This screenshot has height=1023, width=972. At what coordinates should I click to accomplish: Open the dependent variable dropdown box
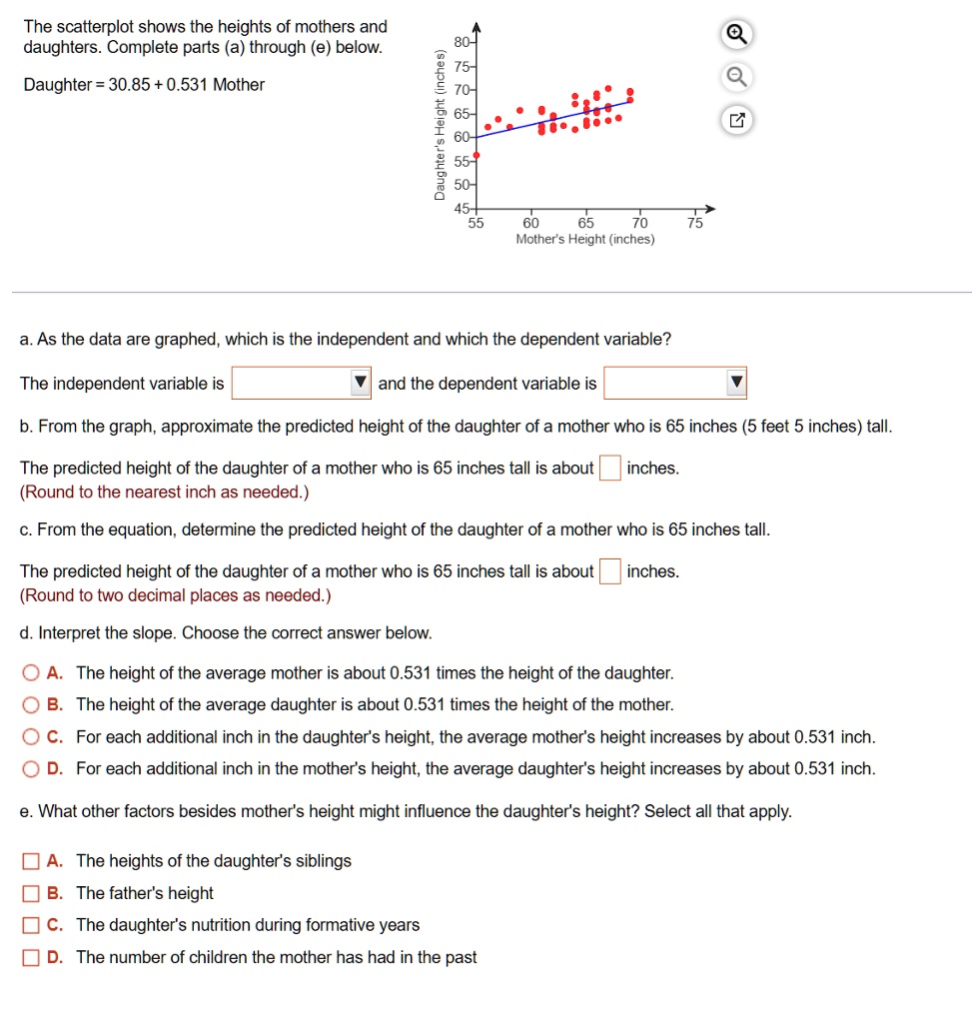(x=674, y=384)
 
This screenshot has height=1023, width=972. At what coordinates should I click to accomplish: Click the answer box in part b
(x=610, y=468)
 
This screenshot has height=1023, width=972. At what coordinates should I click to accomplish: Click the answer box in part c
(x=610, y=571)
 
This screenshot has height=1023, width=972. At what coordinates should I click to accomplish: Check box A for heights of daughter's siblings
(x=32, y=861)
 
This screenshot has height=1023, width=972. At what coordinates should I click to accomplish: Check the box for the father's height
(x=32, y=893)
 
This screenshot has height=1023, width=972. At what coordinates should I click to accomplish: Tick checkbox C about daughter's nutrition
(x=32, y=925)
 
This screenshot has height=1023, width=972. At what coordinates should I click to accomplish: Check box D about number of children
(x=32, y=957)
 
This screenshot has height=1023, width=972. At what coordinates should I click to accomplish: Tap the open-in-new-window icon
(x=735, y=122)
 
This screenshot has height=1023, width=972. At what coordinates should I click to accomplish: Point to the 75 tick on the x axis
(x=695, y=223)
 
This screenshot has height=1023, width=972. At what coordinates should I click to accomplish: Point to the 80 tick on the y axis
(x=460, y=43)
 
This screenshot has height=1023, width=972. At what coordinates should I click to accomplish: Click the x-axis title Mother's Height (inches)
(x=585, y=240)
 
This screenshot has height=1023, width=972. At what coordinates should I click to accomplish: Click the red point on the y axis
(x=476, y=155)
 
